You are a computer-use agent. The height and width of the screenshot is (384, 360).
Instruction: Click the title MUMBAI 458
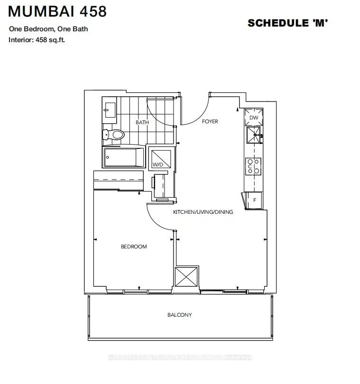(x=57, y=11)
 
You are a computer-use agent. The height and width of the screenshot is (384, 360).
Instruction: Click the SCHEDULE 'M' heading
(x=288, y=23)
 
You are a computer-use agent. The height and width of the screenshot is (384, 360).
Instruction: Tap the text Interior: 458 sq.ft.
(x=37, y=40)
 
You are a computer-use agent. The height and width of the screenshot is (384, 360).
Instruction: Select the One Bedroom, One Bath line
(x=48, y=29)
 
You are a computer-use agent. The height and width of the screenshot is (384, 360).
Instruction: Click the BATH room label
(x=142, y=122)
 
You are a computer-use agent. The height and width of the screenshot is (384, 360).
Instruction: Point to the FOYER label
(x=210, y=122)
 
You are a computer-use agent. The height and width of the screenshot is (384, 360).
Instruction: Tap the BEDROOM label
(x=134, y=247)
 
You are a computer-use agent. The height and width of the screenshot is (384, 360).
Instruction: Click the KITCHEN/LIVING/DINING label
(x=203, y=212)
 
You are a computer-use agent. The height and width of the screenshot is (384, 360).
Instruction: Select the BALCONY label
(x=179, y=315)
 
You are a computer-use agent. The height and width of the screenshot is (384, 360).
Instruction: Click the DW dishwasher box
(x=254, y=117)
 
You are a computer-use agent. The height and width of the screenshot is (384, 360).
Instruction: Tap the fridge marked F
(x=254, y=200)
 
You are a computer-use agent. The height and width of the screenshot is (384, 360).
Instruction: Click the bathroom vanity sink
(x=110, y=110)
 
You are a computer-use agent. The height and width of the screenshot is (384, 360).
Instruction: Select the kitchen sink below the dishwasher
(x=254, y=135)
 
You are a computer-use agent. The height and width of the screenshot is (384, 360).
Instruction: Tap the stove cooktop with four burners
(x=253, y=166)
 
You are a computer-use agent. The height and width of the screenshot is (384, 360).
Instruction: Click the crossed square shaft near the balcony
(x=186, y=277)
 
